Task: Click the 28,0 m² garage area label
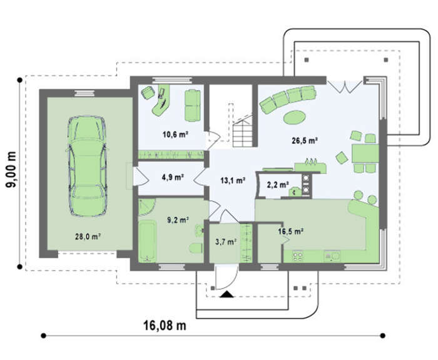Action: click(x=88, y=237)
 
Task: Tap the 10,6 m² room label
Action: click(x=175, y=135)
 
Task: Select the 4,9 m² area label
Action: click(x=173, y=177)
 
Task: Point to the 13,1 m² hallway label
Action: click(x=233, y=180)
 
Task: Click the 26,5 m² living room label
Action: click(x=305, y=140)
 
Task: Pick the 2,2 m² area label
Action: click(x=278, y=185)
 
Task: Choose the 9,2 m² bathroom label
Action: click(x=178, y=220)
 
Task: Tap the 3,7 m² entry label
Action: click(x=226, y=242)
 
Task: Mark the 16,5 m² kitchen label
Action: click(x=291, y=232)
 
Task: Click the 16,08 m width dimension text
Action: click(x=165, y=326)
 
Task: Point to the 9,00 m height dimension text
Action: click(x=12, y=170)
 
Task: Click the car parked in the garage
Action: click(x=87, y=167)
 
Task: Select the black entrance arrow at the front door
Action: click(x=227, y=294)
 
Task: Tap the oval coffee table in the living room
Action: click(x=294, y=118)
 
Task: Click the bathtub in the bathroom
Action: click(x=147, y=241)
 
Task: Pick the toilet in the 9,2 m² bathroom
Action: click(x=196, y=248)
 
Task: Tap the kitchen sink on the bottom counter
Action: click(x=332, y=256)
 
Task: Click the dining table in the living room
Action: click(x=365, y=153)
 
